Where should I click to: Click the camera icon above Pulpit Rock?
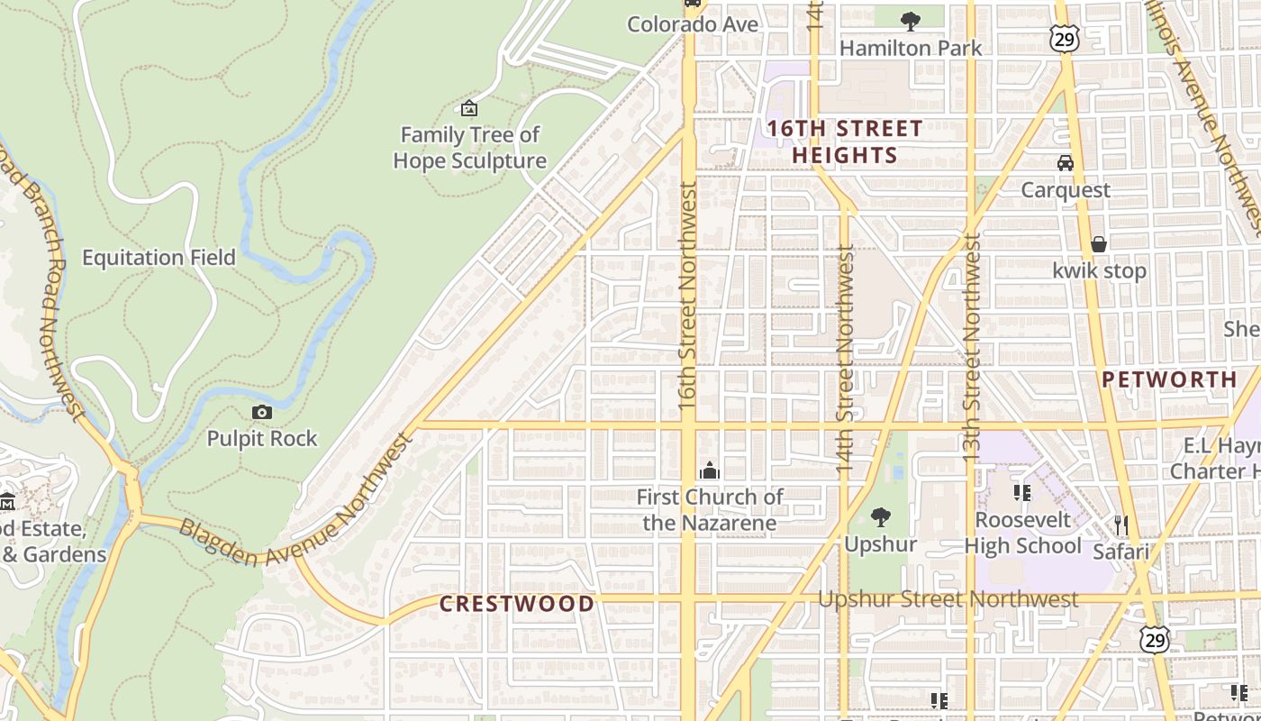tap(262, 412)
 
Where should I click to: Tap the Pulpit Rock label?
tap(262, 439)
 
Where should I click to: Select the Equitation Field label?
tap(159, 258)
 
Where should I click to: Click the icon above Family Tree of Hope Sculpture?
tap(469, 109)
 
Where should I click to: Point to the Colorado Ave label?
tap(693, 24)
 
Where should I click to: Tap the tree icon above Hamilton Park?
tap(910, 20)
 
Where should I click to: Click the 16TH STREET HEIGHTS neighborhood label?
tap(845, 141)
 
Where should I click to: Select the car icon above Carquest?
tap(1066, 163)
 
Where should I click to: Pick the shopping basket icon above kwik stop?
tap(1099, 244)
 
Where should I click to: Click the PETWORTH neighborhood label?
tap(1170, 379)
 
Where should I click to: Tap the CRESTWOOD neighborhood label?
tap(517, 604)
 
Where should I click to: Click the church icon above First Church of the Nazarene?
tap(710, 470)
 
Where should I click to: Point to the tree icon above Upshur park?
tap(881, 517)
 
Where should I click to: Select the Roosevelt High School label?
tap(1023, 533)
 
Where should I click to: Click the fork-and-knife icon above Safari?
tap(1121, 525)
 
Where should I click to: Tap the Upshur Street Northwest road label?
tap(948, 599)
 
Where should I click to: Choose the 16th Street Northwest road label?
tap(688, 297)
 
